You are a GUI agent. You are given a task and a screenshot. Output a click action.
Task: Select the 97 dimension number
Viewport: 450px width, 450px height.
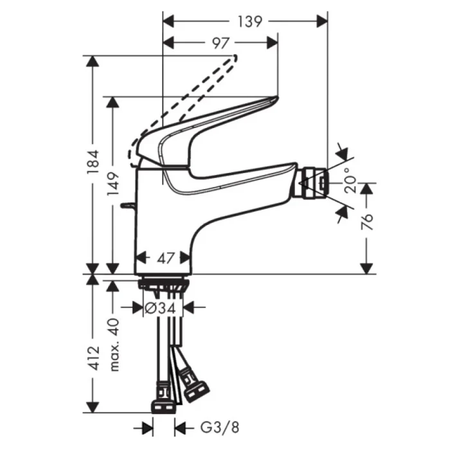click(x=221, y=43)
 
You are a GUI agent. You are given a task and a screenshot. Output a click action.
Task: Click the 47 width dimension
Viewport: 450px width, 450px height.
click(x=166, y=259)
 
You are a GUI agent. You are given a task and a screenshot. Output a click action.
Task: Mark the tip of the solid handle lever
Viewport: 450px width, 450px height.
click(x=274, y=100)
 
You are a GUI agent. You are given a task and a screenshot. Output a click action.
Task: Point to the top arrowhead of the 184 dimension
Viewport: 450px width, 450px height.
click(x=94, y=61)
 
